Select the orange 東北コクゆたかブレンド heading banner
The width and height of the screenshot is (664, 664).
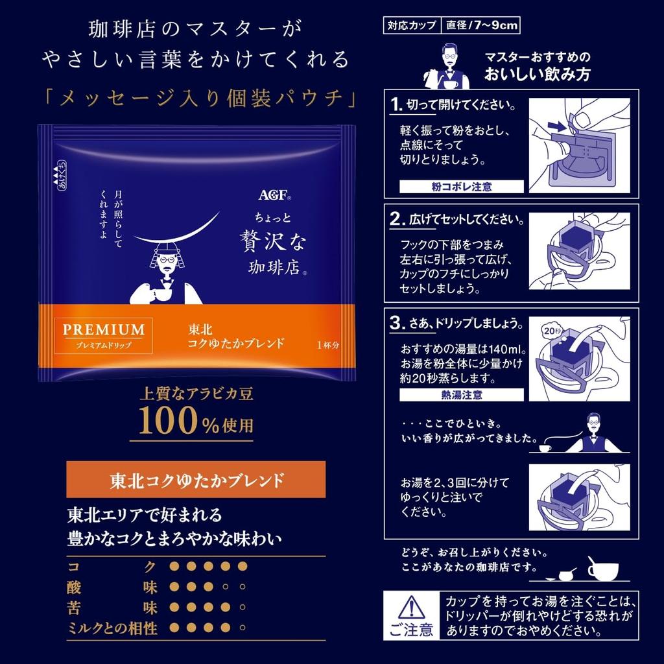[x=196, y=480]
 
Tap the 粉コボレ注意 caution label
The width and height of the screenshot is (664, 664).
[x=461, y=187]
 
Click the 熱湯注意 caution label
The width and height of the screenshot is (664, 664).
[x=461, y=394]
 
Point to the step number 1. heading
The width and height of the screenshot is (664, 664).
[x=397, y=104]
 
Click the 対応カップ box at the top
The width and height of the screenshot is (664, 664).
[x=411, y=27]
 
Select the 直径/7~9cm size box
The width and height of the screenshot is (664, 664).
[x=482, y=27]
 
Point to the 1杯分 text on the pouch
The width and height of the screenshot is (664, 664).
[x=328, y=345]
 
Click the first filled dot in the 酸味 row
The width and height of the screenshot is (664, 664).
[x=173, y=587]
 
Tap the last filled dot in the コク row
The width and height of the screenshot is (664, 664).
[x=243, y=567]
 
